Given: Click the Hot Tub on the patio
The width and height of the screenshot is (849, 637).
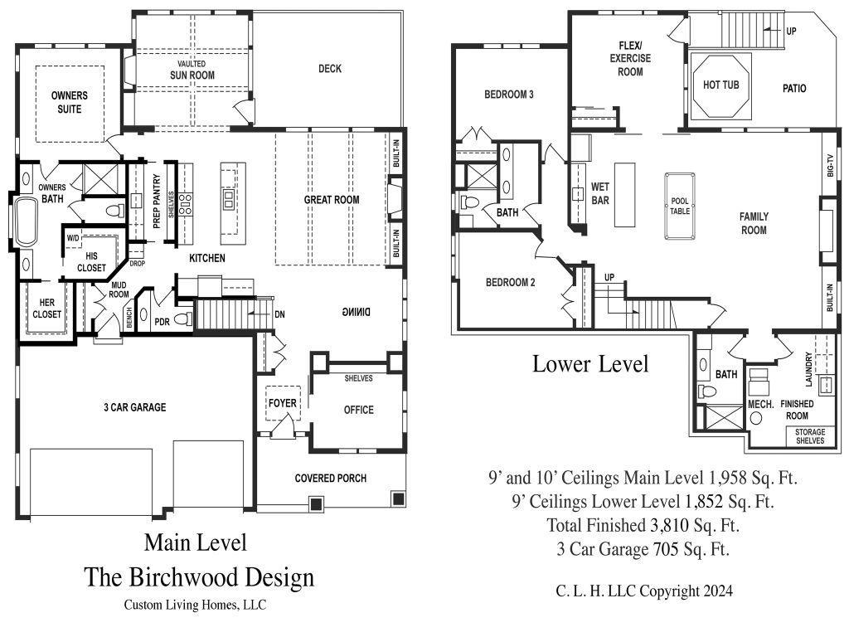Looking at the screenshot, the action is (720, 85).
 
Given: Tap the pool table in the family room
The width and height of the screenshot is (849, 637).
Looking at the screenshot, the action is (680, 206).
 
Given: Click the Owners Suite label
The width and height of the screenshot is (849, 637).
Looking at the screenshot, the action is (70, 102).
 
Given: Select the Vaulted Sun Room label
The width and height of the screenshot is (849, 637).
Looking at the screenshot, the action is (192, 71).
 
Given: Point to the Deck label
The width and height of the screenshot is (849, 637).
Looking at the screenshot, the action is (330, 69).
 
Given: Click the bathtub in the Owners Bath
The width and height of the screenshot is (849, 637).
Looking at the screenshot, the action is (25, 222).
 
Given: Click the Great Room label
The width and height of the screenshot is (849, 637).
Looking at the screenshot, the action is (332, 200).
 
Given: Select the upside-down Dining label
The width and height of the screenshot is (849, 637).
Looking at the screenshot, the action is (356, 312).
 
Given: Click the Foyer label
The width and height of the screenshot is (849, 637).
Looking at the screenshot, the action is (283, 403).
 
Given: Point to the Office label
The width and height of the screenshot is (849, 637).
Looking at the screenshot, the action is (358, 410).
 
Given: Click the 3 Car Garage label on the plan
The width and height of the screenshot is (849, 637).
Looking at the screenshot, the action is (135, 407).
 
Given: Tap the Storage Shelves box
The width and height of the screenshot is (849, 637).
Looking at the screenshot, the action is (810, 436).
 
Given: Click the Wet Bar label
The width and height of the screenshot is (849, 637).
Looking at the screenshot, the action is (600, 193).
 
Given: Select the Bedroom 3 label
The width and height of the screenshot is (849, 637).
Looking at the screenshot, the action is (509, 95).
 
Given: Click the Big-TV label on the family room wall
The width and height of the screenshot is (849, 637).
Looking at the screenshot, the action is (830, 165).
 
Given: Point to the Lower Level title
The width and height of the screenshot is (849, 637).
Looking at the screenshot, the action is (590, 364).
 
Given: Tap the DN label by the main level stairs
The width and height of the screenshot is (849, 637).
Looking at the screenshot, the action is (279, 314).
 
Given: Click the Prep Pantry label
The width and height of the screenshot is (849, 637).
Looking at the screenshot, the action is (157, 201).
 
